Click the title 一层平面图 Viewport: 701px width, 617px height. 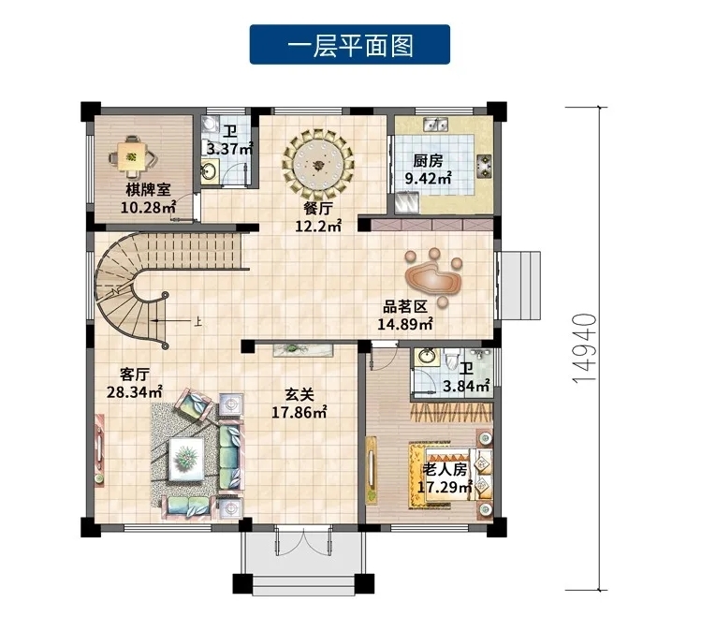350,45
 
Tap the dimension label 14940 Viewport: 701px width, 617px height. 584,348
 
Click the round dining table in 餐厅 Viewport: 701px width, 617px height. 318,164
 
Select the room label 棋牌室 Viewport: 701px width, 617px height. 148,189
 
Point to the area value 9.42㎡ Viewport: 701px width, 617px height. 428,179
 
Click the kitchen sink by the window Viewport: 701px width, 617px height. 436,125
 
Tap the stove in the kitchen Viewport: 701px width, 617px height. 485,166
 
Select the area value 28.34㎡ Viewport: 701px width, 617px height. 134,392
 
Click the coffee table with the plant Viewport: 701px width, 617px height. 186,459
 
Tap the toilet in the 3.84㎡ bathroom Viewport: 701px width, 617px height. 452,359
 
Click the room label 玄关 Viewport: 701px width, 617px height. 299,394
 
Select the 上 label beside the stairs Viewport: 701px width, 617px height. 198,321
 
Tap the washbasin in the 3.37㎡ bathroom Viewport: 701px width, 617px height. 210,169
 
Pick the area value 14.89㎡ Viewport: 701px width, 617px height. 405,324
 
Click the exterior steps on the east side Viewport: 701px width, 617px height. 518,286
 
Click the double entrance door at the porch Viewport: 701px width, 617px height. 303,539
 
